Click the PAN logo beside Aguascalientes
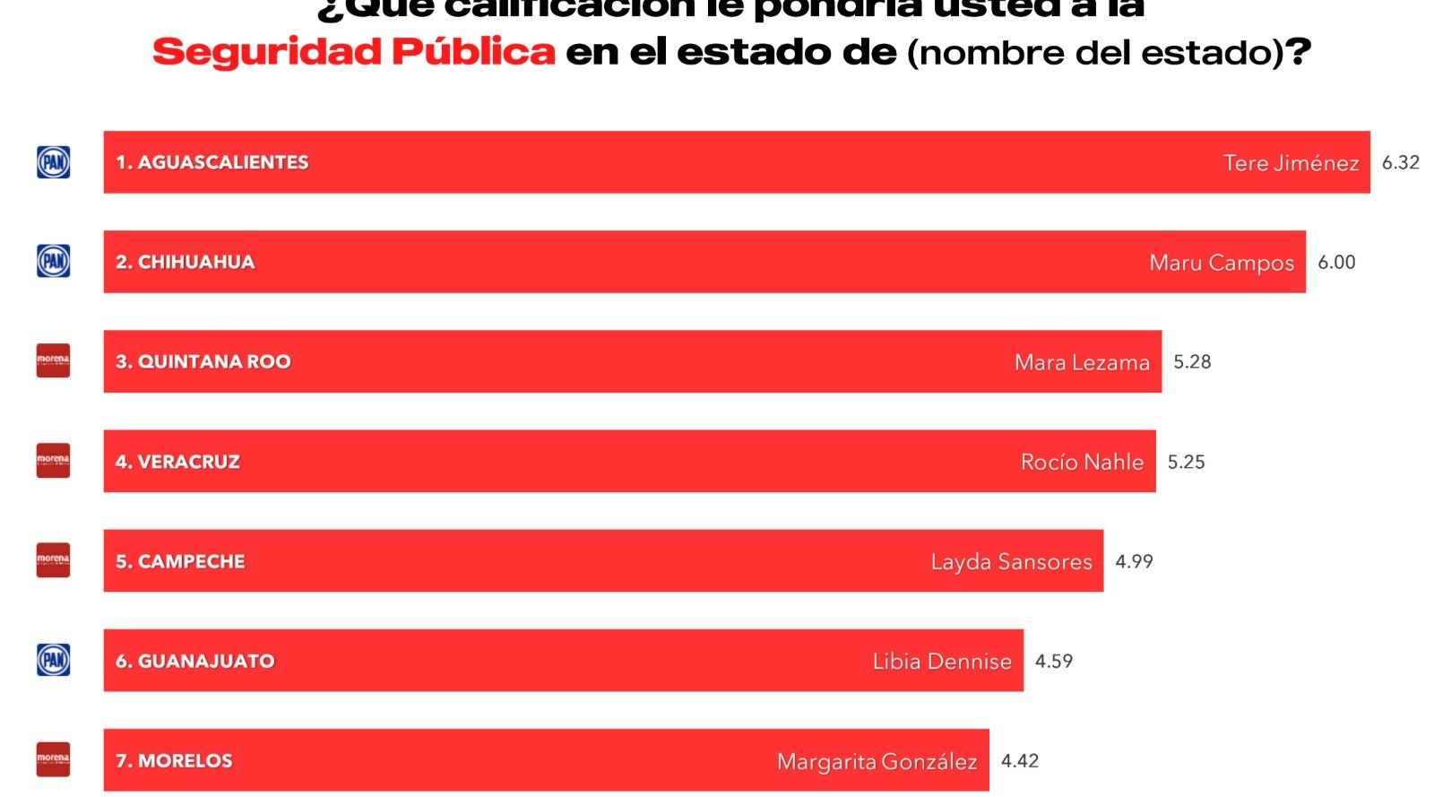53,162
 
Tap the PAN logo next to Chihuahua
53,262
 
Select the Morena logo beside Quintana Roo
53,361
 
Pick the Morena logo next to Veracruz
53,461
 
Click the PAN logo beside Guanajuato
53,661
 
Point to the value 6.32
1400,162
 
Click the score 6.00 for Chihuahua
1336,262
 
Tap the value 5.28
1192,361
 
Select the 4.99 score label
1134,561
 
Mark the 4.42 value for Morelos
1020,760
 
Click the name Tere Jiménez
1291,163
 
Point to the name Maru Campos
1222,263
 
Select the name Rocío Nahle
1082,462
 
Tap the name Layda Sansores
1011,562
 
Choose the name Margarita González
877,761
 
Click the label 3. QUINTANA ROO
203,361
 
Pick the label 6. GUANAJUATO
195,661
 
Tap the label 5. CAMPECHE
180,561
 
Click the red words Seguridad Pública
354,52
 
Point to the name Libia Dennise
942,662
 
